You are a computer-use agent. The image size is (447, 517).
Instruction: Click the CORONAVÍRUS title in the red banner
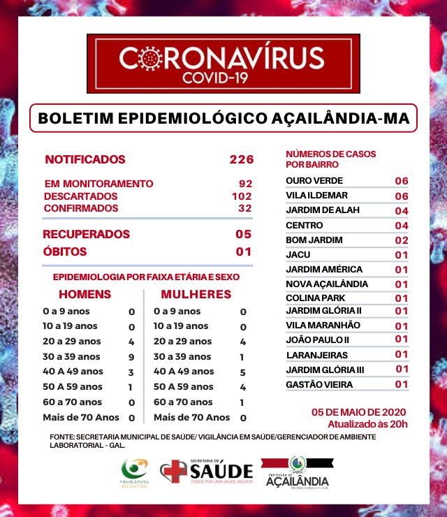[221, 58]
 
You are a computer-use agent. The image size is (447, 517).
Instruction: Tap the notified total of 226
[241, 159]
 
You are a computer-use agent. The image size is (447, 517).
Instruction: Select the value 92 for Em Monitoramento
[245, 184]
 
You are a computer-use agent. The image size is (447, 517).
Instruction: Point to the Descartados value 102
[242, 196]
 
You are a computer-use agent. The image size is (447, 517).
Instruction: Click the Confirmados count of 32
[244, 208]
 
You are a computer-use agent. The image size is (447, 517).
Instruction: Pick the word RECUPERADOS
[87, 234]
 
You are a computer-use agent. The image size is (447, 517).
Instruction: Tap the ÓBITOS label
[65, 252]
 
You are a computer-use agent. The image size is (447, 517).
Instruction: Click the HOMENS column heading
[85, 294]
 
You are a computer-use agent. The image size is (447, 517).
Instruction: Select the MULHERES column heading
[196, 294]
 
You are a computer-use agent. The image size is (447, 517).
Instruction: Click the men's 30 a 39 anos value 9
[131, 356]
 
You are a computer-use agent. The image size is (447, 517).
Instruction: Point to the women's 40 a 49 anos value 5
[243, 372]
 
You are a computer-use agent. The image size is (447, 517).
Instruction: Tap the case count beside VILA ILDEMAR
[401, 196]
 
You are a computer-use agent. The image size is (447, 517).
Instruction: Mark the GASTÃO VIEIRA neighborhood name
[319, 384]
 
